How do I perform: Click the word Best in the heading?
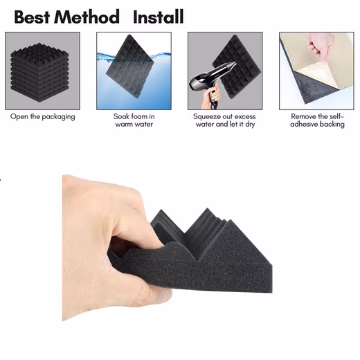32,17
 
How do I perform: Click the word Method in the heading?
87,17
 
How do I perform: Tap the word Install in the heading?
159,17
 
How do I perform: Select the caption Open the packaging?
43,117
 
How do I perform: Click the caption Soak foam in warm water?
134,120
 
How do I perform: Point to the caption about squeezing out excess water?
224,120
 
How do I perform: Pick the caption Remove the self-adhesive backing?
317,120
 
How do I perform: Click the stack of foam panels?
39,73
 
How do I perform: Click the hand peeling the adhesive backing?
321,47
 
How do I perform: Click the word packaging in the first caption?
58,117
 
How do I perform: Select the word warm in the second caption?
126,125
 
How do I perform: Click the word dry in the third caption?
250,125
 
